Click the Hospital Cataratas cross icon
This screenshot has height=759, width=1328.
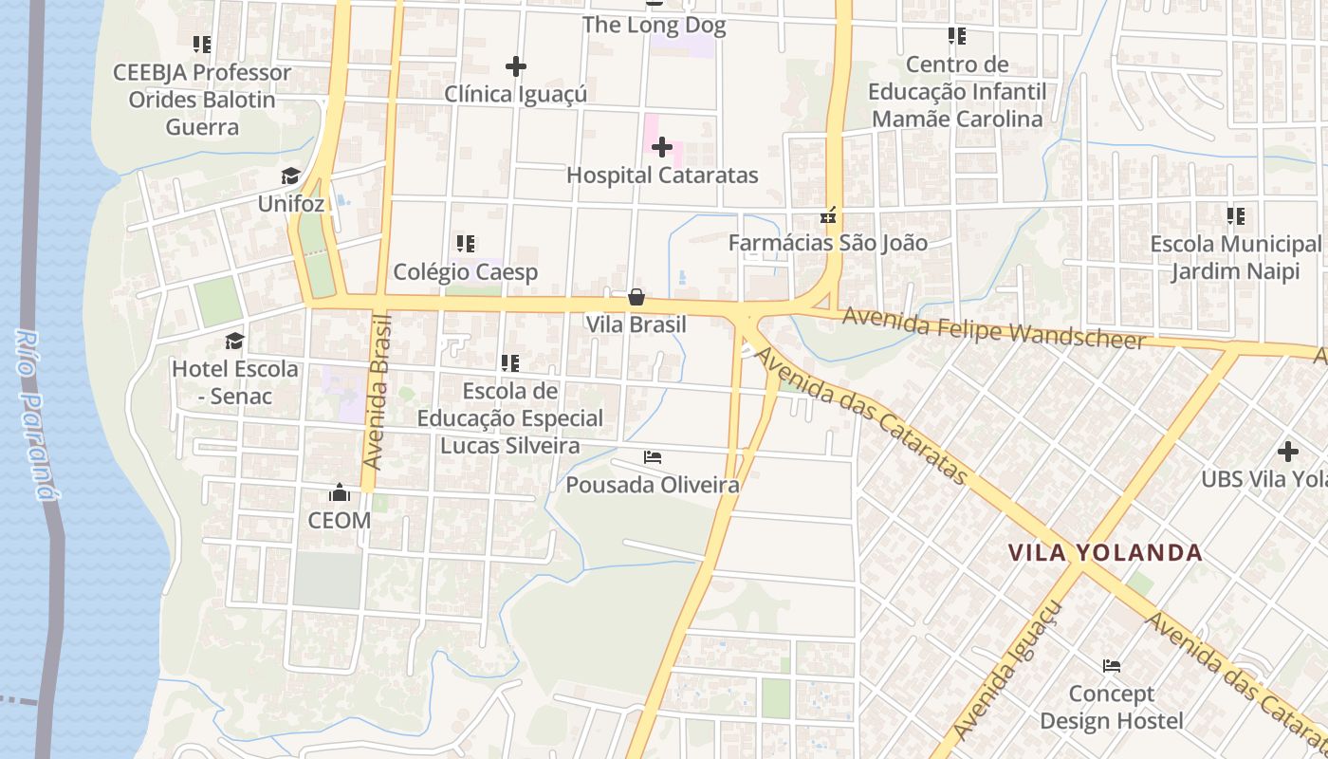(x=662, y=147)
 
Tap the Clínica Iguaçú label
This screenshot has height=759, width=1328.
(x=515, y=94)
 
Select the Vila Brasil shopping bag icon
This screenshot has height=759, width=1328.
(x=636, y=297)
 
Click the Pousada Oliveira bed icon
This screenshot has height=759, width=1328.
(x=653, y=457)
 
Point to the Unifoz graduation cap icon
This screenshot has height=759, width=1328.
(x=290, y=176)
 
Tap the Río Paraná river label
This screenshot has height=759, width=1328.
(x=33, y=414)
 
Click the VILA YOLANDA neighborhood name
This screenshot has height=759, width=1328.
(x=1104, y=552)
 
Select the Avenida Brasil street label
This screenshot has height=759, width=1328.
(x=378, y=392)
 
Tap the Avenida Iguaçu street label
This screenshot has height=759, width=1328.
(x=1009, y=672)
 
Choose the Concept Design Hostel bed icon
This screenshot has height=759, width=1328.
(x=1112, y=666)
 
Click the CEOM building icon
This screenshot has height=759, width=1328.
(x=339, y=492)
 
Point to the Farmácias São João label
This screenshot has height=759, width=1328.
(x=827, y=243)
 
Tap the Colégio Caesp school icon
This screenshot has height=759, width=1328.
(x=465, y=244)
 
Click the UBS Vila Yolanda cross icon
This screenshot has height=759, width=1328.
(x=1287, y=452)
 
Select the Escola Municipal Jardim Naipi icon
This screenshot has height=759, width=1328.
(x=1235, y=216)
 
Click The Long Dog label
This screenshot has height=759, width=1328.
(x=654, y=25)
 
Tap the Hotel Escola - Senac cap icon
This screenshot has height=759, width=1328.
(x=234, y=341)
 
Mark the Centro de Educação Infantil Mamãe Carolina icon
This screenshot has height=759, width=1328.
(x=957, y=36)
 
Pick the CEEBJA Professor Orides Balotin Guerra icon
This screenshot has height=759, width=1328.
(x=201, y=44)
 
